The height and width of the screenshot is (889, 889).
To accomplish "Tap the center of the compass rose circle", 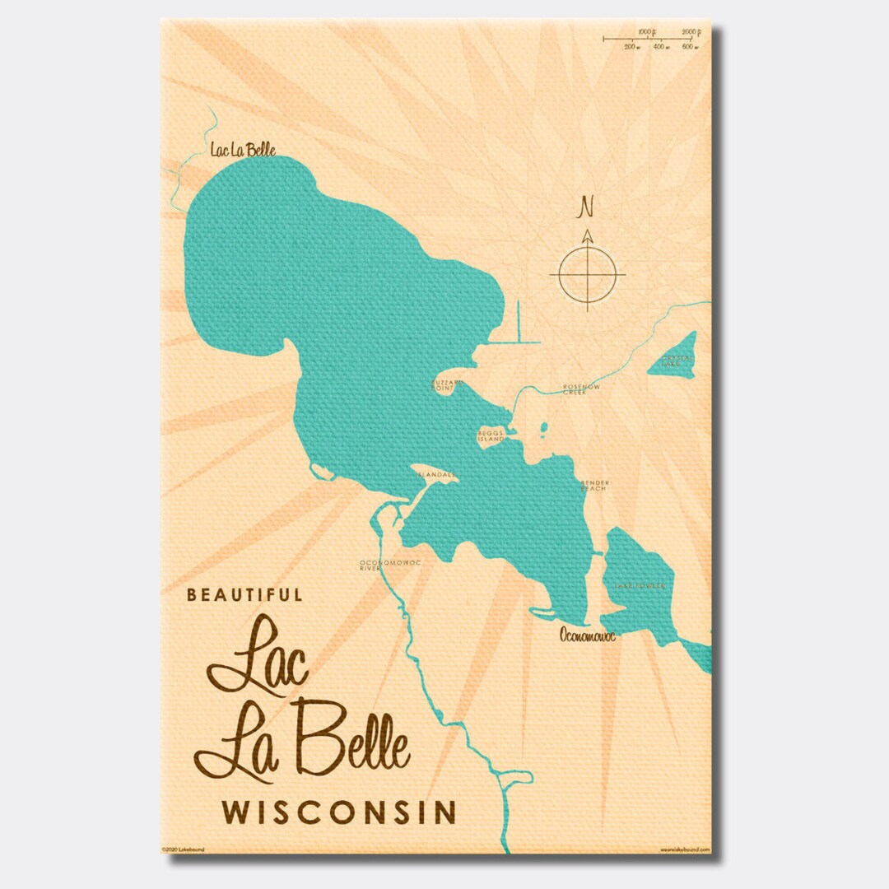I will (588, 274).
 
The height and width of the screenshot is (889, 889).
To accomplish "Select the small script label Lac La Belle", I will (242, 150).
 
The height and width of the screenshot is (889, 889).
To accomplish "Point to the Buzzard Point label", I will (449, 385).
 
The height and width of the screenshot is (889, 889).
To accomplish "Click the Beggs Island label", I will (490, 436).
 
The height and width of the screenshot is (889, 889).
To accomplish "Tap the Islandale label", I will (435, 475).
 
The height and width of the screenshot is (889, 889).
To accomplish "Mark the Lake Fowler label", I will (639, 586).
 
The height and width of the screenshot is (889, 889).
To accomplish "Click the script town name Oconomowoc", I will (588, 635).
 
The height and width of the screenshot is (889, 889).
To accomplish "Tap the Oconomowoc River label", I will (379, 565).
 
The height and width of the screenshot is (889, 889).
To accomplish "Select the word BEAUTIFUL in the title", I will (244, 594).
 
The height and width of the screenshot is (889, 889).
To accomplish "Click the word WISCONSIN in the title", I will (338, 812).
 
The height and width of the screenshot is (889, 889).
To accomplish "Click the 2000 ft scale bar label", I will (691, 32).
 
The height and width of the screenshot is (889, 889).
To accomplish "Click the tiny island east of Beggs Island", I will (543, 428).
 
